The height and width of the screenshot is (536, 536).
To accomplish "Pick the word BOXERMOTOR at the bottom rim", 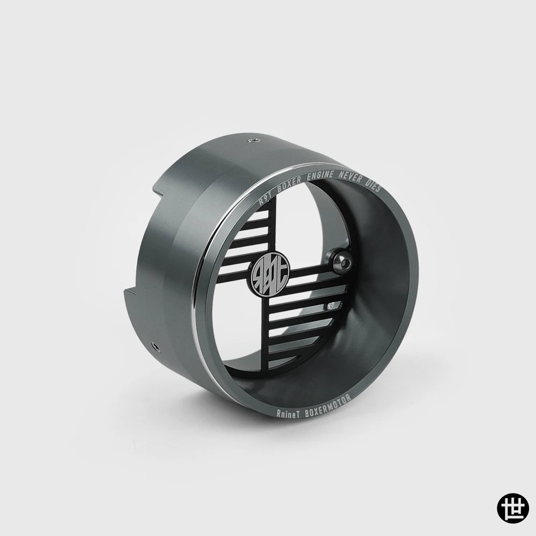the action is click(327, 404).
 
